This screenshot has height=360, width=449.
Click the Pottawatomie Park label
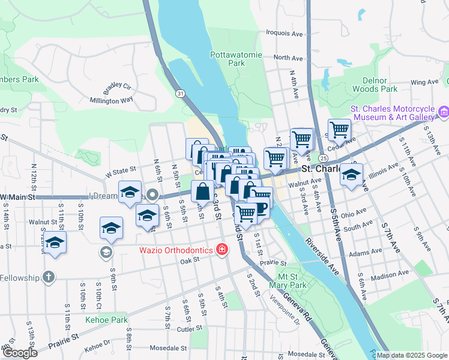(x=236, y=59)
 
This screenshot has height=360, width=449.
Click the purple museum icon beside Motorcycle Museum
(x=444, y=112)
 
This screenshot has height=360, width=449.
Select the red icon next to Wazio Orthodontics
(x=222, y=249)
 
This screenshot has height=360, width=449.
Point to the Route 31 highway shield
(x=180, y=94)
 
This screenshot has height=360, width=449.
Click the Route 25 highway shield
(x=323, y=158)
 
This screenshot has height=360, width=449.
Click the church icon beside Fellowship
(x=49, y=278)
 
